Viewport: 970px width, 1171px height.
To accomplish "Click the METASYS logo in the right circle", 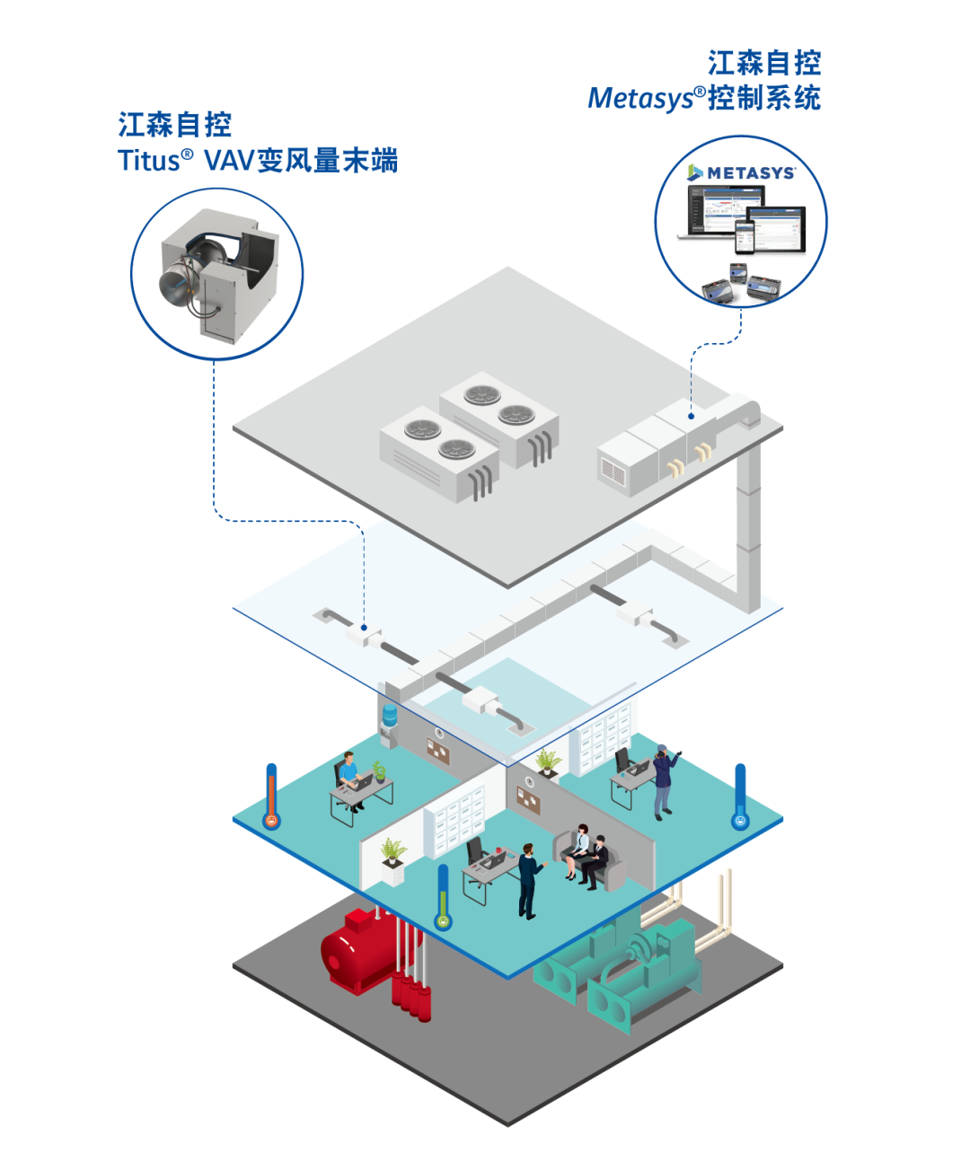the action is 741,172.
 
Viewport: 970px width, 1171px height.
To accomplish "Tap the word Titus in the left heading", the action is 149,161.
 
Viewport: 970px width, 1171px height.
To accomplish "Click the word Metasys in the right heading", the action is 640,99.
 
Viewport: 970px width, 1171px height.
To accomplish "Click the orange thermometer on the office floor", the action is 271,797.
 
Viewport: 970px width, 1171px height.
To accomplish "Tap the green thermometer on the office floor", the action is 443,897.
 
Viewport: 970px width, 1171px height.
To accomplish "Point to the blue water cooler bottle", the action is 390,716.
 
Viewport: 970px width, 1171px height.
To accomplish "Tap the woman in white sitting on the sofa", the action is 578,850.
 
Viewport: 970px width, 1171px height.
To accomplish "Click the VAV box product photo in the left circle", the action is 219,276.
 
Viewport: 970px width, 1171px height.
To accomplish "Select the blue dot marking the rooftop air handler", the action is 692,416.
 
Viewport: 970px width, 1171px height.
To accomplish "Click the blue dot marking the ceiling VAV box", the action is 364,628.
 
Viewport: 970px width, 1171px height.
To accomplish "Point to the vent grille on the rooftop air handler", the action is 613,471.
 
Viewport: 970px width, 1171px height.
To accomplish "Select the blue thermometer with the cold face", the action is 741,797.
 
